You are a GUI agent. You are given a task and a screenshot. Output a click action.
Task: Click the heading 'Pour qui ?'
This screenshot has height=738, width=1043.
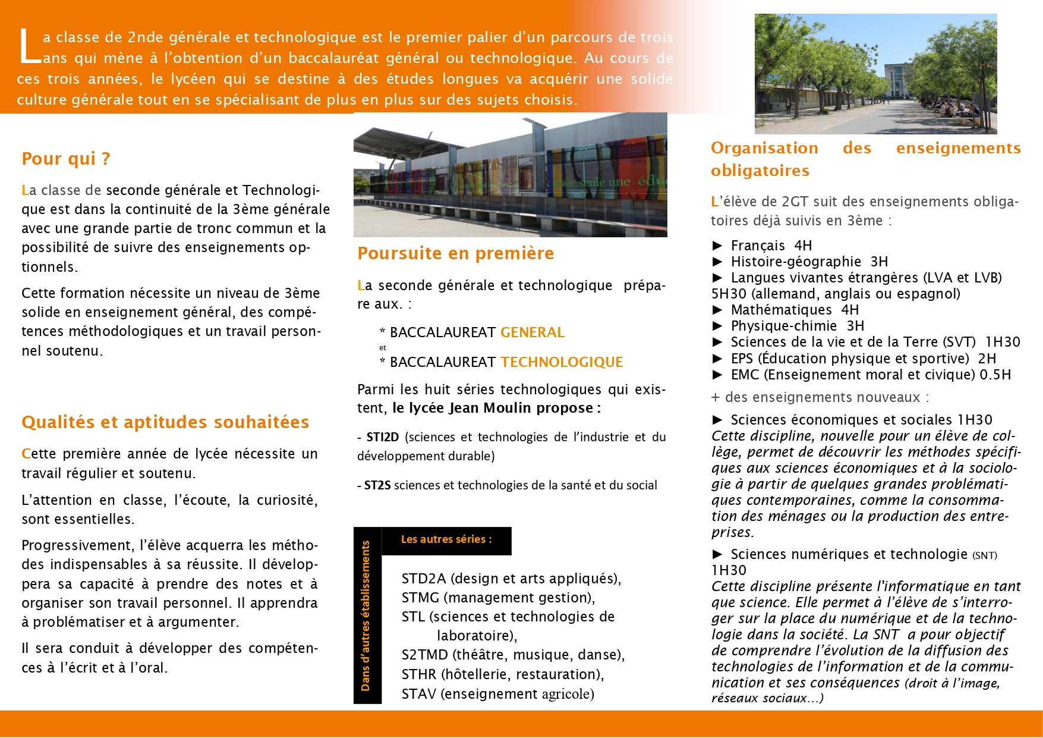[x=66, y=159]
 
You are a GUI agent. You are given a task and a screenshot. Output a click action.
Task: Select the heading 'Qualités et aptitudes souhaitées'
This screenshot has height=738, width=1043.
[x=165, y=422]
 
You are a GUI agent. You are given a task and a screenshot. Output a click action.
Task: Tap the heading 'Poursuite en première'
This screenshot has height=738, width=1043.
[x=455, y=253]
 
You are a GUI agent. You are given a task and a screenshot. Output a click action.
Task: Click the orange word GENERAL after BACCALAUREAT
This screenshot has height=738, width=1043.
[x=532, y=332]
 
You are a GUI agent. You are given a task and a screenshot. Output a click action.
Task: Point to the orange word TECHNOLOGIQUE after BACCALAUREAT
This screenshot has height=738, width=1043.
[x=562, y=362]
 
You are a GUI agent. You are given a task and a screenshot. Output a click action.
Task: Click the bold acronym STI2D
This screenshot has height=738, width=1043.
[x=382, y=437]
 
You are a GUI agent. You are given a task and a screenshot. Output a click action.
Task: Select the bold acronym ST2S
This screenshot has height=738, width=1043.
[x=377, y=485]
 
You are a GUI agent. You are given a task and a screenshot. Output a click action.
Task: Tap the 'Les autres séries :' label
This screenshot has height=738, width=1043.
[x=446, y=539]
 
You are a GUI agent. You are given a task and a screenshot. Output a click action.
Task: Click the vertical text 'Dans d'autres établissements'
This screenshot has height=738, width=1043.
[x=366, y=616]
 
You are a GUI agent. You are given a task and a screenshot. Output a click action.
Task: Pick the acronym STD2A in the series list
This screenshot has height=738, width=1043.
[x=424, y=579]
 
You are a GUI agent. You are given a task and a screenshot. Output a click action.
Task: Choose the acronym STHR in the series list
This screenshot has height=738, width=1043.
[x=419, y=674]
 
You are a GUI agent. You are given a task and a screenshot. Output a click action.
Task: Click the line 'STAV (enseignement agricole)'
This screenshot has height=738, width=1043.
[x=497, y=694]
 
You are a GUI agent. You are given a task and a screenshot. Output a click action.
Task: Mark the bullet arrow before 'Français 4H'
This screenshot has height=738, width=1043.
[x=717, y=246]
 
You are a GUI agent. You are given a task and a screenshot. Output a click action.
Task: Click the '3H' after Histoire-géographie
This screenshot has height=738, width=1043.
[x=879, y=262]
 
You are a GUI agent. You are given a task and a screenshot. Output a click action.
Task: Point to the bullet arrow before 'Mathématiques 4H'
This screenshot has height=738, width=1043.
[x=717, y=310]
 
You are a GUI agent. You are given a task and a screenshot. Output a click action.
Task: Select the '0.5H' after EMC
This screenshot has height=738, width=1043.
[x=995, y=375]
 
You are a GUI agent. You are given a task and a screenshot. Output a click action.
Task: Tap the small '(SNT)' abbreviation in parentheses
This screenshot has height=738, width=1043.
[x=984, y=555]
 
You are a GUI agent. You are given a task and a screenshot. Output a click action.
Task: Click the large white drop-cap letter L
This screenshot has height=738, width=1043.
[x=28, y=46]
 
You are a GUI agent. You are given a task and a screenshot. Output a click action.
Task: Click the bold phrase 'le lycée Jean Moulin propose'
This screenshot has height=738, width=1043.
[x=492, y=408]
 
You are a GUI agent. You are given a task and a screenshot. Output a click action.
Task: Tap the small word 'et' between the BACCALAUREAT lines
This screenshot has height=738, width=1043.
[x=382, y=347]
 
